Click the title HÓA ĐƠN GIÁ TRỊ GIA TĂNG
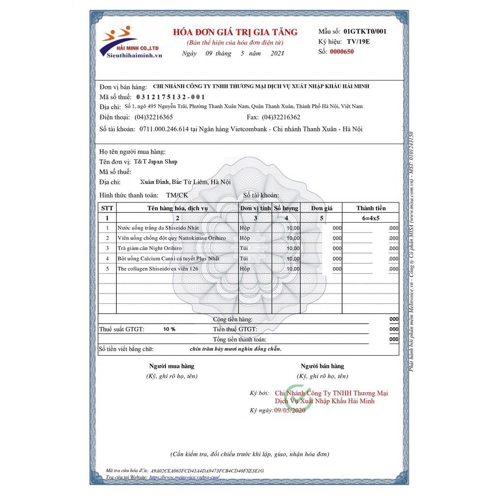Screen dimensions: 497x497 click(x=235, y=33)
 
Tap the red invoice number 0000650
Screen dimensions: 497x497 click(x=342, y=51)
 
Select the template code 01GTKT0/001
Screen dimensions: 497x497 click(x=365, y=31)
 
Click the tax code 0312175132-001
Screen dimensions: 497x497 click(x=171, y=97)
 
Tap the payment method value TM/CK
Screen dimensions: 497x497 click(x=177, y=195)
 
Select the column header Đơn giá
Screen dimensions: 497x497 click(x=322, y=208)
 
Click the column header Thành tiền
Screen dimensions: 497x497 click(x=371, y=208)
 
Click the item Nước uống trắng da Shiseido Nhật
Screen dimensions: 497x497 click(x=158, y=228)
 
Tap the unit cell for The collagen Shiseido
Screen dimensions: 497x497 click(x=245, y=268)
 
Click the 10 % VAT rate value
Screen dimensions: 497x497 click(x=169, y=329)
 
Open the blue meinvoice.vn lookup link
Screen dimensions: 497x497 click(x=188, y=477)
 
